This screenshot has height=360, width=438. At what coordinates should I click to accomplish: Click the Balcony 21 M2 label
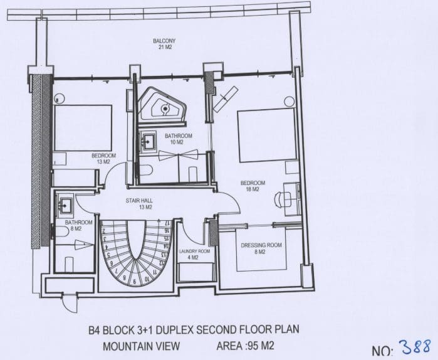pos(164,44)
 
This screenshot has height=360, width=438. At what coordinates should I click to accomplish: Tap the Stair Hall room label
pos(139,204)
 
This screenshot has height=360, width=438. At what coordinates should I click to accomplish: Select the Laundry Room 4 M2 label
pos(194,255)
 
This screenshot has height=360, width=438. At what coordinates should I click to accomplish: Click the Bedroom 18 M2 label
pos(253,186)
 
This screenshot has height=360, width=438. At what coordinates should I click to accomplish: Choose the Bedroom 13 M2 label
pos(103,159)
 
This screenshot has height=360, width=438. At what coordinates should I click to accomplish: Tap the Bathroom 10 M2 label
pos(178,139)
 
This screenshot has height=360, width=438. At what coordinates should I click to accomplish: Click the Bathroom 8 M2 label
pos(78,225)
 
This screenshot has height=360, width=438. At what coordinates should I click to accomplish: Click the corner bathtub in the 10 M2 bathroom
pos(162,105)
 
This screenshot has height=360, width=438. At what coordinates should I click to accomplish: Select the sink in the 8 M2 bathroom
pos(65,207)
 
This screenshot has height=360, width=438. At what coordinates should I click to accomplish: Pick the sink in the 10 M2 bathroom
pos(147,142)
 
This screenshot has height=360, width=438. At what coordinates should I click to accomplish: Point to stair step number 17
pos(167,223)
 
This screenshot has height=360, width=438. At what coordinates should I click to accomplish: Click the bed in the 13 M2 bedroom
pos(83,128)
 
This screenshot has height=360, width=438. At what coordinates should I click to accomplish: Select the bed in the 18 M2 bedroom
pos(266,135)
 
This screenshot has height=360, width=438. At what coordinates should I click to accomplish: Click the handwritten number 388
pos(415,347)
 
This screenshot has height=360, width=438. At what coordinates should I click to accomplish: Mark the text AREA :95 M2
pos(245,346)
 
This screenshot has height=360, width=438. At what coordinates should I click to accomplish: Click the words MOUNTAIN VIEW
pos(142,346)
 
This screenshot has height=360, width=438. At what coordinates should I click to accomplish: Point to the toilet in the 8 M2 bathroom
pos(62,231)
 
